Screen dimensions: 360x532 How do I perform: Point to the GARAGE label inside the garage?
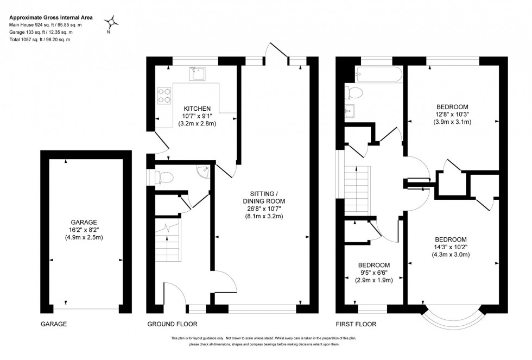point(84,222)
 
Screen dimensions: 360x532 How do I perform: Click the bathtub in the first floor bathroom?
point(378,74)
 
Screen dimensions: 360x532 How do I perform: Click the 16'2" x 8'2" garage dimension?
point(84,230)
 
